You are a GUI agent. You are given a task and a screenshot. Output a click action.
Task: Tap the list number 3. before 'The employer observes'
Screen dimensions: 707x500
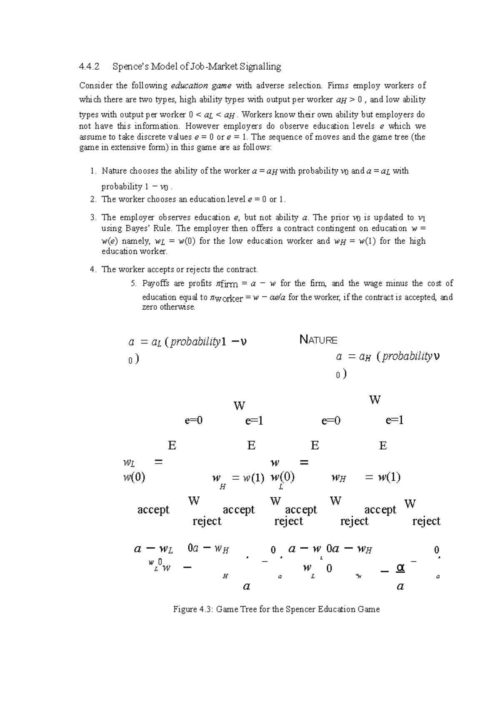tap(93, 217)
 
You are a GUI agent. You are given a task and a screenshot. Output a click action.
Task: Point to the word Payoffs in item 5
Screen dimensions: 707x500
tap(156, 284)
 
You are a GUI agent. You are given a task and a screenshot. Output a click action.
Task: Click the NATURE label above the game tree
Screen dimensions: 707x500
tap(318, 340)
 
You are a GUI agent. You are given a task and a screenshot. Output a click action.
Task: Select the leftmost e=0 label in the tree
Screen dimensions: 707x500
tap(193, 421)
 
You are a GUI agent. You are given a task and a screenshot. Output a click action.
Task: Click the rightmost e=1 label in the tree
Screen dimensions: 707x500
tap(394, 421)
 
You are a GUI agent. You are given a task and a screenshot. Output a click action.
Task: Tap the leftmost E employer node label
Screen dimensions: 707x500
tap(172, 446)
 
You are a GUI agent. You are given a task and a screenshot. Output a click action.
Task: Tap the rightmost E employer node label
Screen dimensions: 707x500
tap(383, 446)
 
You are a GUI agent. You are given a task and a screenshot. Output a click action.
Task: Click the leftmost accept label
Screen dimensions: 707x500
tap(153, 510)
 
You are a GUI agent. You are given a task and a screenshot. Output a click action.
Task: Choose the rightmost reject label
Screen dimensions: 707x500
tap(426, 521)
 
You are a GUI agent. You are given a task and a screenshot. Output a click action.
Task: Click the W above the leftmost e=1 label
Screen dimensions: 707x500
tap(239, 406)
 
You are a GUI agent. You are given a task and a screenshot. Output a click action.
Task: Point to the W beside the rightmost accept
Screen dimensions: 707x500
tap(410, 504)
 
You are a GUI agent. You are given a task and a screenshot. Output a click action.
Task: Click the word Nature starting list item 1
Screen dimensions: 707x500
tap(115, 171)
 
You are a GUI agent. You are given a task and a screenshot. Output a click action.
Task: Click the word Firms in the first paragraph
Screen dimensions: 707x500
tap(337, 86)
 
